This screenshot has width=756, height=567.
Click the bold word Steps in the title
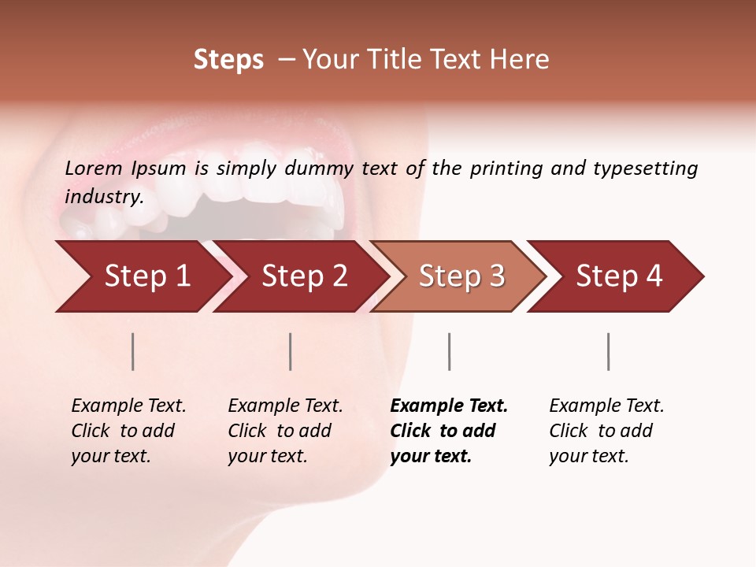coord(228,60)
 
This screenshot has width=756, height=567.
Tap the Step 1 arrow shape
coord(142,276)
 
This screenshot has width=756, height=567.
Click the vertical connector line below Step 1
coord(133,351)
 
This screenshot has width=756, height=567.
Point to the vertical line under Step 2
coord(291,351)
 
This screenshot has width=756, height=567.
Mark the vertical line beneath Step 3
coord(449,351)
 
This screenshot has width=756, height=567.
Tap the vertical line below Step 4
coord(608,351)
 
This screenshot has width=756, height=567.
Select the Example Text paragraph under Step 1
coord(128,431)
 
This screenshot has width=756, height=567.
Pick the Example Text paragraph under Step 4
coord(606,431)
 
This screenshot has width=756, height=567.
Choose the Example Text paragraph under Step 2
coord(284,431)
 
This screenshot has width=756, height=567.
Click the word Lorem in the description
coord(94,169)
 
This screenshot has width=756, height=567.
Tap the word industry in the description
coord(104,197)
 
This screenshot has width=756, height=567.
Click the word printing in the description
coord(503,169)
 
